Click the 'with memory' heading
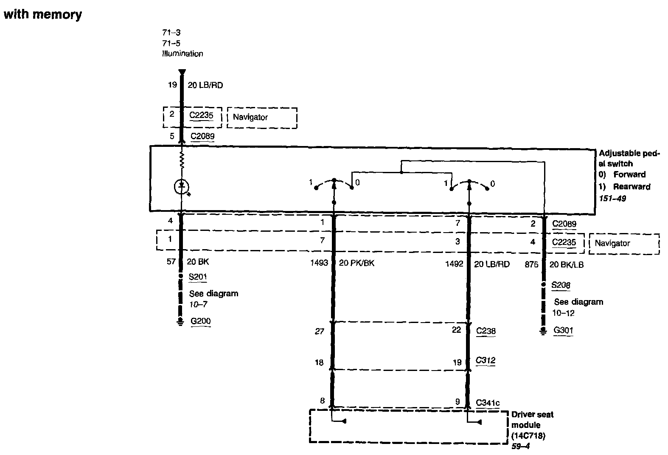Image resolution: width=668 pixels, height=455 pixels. click(x=42, y=15)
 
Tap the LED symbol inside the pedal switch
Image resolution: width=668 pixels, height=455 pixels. click(x=182, y=186)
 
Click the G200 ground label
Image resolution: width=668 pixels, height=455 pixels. click(x=200, y=321)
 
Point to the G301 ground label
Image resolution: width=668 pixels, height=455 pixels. click(x=564, y=330)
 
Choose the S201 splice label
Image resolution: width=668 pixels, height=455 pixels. click(x=198, y=277)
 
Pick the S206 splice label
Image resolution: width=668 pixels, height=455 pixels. click(x=561, y=285)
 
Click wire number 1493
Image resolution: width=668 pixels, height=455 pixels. click(x=319, y=263)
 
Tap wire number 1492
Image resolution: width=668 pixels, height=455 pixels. click(x=454, y=264)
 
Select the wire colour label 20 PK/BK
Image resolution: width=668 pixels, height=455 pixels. click(x=356, y=263)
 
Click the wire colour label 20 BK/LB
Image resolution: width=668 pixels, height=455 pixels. click(x=566, y=264)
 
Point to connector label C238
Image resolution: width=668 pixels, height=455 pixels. click(x=486, y=331)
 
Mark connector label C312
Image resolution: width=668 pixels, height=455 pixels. click(x=486, y=361)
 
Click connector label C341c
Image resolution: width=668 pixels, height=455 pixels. click(x=488, y=402)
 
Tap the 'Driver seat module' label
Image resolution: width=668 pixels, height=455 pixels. click(x=532, y=419)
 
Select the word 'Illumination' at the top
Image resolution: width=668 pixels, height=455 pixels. click(x=182, y=54)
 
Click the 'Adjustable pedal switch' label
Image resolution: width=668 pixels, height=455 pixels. click(x=629, y=158)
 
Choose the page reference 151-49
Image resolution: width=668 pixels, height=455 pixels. click(x=612, y=198)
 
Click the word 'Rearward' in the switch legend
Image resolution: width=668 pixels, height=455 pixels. click(x=632, y=187)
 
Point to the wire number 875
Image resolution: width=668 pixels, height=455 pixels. click(x=531, y=264)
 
